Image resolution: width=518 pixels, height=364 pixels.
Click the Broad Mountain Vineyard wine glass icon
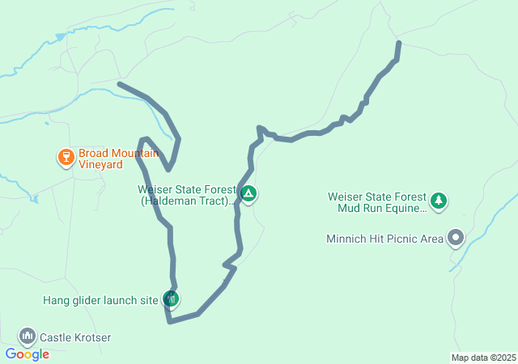click(x=66, y=157)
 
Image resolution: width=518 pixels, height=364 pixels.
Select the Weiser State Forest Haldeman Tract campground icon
click(x=248, y=194)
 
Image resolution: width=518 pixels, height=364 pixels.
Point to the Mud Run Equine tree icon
click(x=439, y=200)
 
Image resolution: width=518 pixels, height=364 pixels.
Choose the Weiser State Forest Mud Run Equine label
click(x=376, y=202)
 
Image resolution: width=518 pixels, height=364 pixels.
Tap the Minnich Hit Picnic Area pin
click(x=456, y=238)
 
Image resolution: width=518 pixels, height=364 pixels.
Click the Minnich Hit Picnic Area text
click(x=384, y=239)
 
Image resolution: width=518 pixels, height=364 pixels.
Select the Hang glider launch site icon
click(x=170, y=299)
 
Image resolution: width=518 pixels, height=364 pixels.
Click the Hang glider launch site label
click(x=100, y=301)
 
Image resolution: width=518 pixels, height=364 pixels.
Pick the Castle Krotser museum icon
click(x=27, y=336)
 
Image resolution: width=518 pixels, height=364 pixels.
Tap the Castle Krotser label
click(x=75, y=337)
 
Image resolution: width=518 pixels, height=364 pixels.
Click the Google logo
click(x=27, y=354)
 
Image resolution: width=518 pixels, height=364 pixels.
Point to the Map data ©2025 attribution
click(x=483, y=358)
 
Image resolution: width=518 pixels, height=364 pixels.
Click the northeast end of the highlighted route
click(x=398, y=42)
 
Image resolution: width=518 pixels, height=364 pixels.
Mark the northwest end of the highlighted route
click(x=120, y=83)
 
